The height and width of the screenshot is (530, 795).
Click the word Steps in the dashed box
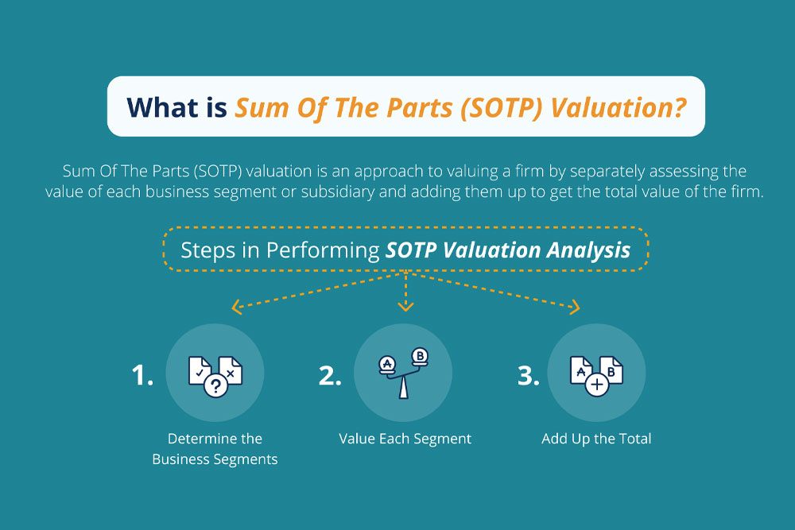(x=208, y=250)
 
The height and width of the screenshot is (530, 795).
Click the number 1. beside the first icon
(x=142, y=376)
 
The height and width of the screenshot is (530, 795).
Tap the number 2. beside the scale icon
(x=330, y=376)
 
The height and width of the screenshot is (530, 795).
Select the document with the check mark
(x=200, y=367)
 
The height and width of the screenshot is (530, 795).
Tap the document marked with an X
(x=230, y=370)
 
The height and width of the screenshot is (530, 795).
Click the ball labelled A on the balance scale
(x=387, y=362)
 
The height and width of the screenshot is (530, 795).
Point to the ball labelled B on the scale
(x=419, y=355)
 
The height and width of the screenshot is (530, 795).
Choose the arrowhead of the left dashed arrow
(x=236, y=306)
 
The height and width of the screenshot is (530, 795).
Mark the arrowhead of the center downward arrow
(x=405, y=308)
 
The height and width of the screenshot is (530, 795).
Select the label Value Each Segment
(x=405, y=439)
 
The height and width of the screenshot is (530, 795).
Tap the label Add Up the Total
(x=596, y=439)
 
